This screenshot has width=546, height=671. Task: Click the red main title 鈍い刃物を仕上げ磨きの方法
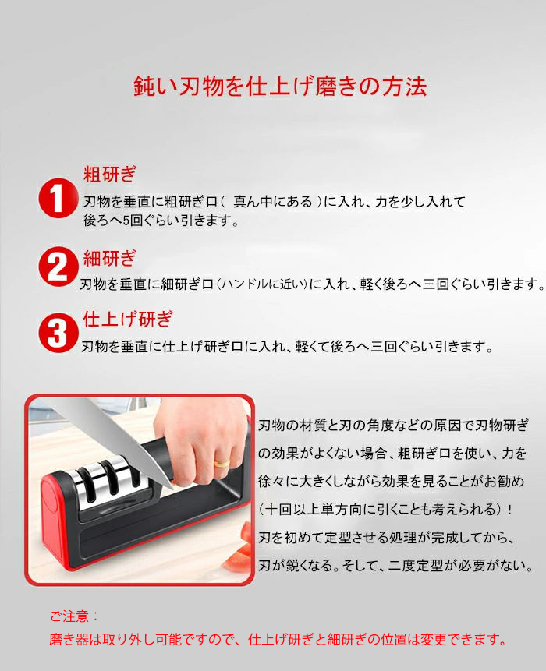(280, 87)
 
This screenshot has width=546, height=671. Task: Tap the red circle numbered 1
(58, 199)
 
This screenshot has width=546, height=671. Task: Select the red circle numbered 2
(58, 267)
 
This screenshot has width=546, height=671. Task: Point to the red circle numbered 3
(58, 333)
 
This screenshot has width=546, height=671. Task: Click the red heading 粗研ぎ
(110, 174)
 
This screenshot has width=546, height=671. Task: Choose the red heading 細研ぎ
(110, 258)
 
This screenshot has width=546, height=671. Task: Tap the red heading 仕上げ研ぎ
(128, 320)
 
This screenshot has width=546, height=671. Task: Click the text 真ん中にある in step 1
(273, 202)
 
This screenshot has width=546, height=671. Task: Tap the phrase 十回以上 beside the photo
(292, 509)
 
